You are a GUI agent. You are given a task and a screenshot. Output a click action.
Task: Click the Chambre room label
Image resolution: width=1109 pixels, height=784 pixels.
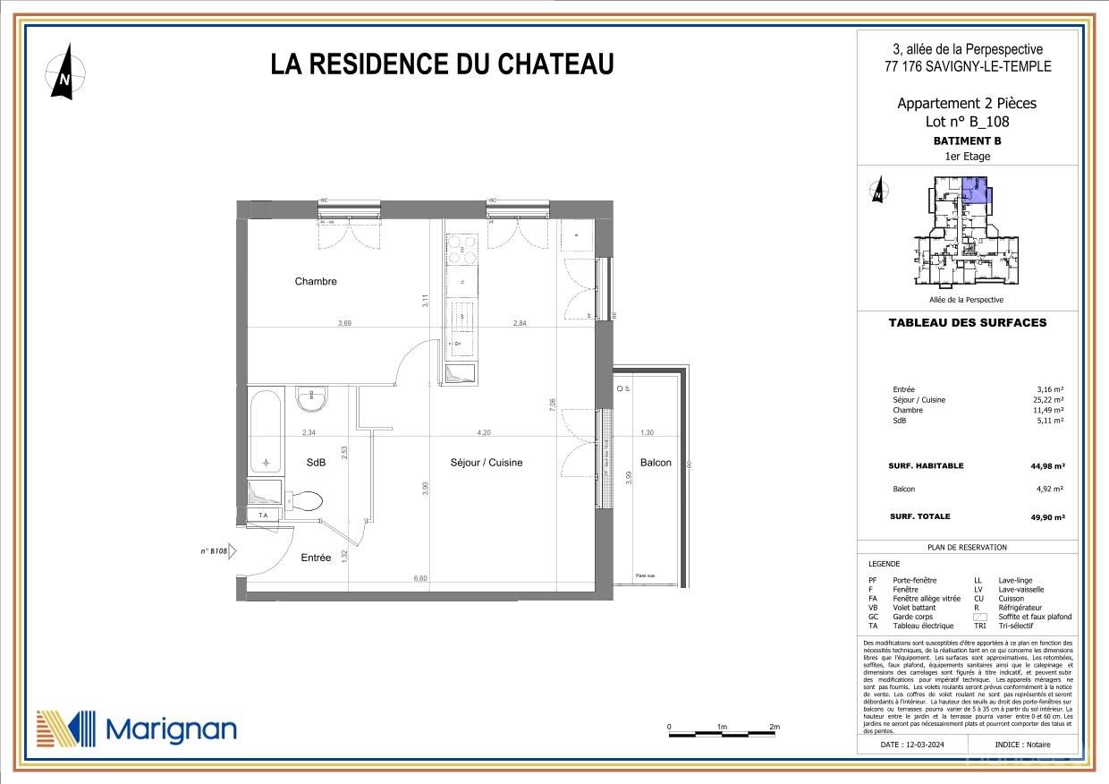tap(316, 281)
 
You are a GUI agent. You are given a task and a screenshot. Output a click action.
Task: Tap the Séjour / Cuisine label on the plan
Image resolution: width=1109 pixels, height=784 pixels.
tap(486, 463)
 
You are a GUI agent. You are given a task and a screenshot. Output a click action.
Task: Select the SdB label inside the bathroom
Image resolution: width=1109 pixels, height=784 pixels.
tap(316, 463)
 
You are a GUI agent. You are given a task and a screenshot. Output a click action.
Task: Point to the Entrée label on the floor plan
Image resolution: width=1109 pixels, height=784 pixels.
tap(316, 558)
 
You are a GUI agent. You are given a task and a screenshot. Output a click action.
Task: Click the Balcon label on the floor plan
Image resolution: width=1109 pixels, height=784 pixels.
tap(656, 463)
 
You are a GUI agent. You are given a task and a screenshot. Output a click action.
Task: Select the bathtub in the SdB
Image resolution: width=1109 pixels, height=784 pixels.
tap(266, 430)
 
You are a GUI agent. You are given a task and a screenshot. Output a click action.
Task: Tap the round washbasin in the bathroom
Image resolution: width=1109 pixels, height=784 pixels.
tap(312, 399)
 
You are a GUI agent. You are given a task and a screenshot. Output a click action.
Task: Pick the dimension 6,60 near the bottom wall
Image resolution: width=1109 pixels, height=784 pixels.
tap(420, 579)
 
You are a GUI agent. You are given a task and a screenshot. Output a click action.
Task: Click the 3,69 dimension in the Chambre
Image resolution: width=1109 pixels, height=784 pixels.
tap(344, 323)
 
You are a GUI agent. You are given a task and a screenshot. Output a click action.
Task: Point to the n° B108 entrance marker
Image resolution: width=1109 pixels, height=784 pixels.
tap(215, 551)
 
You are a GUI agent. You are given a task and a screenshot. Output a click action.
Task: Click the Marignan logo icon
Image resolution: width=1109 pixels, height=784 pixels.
tap(65, 729)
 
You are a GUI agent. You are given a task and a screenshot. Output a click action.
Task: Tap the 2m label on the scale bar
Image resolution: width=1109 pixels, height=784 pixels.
tap(775, 727)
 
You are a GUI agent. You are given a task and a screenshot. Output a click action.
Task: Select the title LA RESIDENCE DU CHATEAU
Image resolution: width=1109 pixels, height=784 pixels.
tap(442, 64)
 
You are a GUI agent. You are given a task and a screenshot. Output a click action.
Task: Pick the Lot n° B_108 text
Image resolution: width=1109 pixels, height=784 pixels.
tap(967, 123)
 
